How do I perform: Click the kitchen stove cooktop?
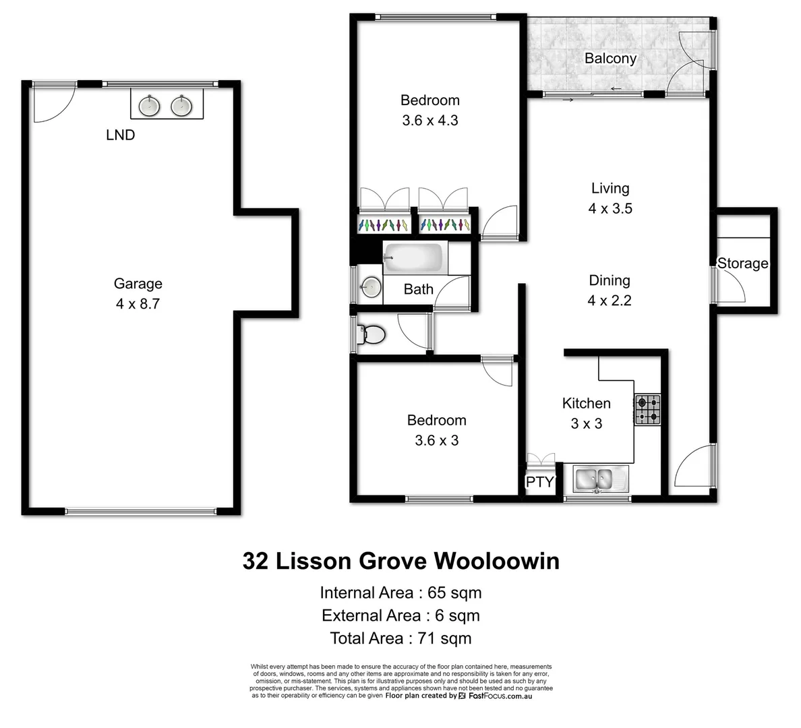[647, 410]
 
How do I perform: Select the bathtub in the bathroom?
[413, 259]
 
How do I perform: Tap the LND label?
[121, 135]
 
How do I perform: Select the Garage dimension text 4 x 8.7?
[138, 304]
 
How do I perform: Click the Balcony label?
[610, 58]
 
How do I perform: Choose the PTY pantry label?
[539, 482]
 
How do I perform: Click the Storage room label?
[742, 264]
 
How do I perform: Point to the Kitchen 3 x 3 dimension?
[586, 424]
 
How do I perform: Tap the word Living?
[610, 189]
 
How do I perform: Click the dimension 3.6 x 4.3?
[429, 121]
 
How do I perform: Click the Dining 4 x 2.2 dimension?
[610, 301]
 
